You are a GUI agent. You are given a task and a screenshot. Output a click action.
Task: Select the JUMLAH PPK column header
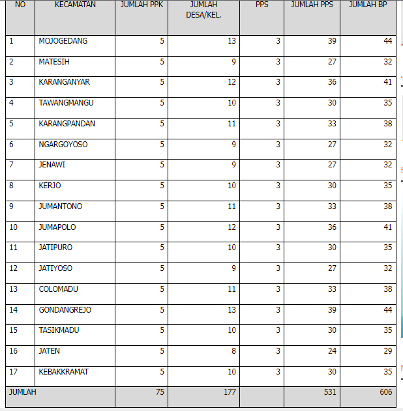[142, 5]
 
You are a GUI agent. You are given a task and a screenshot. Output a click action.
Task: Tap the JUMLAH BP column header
[368, 5]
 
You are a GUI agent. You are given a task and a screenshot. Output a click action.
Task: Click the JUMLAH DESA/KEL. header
[203, 10]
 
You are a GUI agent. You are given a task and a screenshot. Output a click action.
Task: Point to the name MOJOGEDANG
[63, 41]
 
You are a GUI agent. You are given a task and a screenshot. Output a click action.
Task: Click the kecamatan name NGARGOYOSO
[63, 145]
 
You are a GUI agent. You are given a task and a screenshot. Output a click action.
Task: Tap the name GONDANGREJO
[65, 310]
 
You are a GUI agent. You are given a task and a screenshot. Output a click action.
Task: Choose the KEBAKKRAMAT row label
[63, 372]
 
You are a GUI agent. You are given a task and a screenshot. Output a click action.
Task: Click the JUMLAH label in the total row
[23, 392]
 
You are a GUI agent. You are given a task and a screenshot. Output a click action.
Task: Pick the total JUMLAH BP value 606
[386, 392]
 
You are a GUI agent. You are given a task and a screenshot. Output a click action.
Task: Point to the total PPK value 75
[160, 392]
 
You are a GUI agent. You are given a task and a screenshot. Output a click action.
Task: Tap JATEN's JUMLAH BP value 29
[388, 351]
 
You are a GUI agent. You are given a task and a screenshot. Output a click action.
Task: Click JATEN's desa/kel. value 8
[233, 351]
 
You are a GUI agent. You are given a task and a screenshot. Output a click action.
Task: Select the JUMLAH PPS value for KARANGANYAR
[332, 83]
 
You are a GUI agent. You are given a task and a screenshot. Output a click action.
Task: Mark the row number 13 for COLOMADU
[14, 289]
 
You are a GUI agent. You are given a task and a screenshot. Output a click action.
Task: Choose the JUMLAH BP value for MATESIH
[388, 62]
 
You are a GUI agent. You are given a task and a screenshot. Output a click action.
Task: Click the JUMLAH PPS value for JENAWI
[332, 165]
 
